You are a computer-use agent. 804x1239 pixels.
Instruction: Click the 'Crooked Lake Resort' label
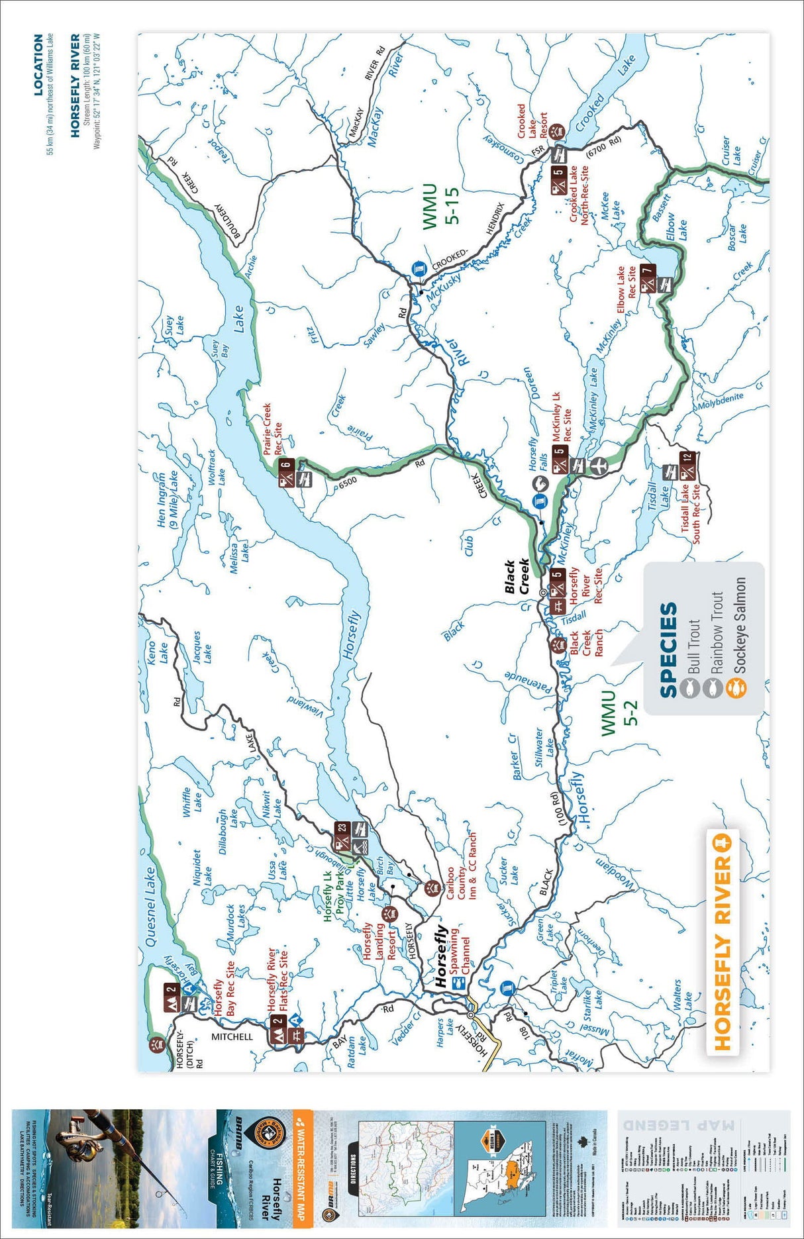[x=532, y=121]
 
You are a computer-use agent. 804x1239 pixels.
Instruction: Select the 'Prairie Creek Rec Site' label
[x=272, y=429]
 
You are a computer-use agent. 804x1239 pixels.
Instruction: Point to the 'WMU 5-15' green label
[x=440, y=207]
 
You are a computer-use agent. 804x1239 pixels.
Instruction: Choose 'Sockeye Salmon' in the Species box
[x=739, y=625]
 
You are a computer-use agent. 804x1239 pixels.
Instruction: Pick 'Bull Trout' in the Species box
[x=694, y=646]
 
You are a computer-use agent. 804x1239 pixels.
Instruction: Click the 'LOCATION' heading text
[x=38, y=65]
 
